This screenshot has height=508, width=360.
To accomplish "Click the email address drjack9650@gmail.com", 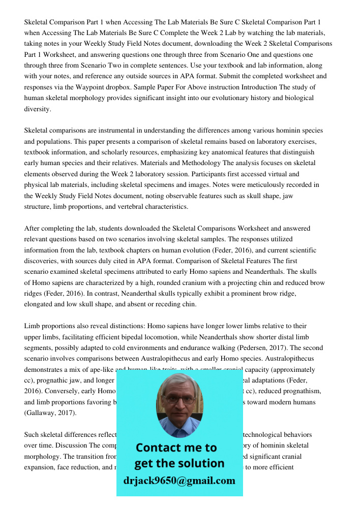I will coord(179,481).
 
